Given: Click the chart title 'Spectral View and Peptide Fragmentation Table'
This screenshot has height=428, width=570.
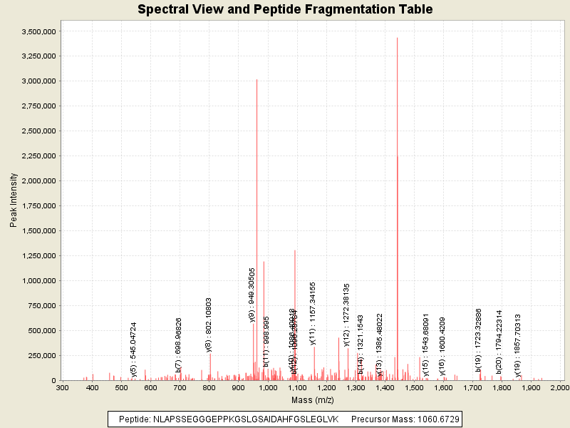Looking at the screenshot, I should click(x=285, y=9).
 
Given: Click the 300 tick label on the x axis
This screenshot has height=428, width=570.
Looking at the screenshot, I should click(x=63, y=387).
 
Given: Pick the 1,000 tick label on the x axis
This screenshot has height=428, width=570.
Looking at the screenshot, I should click(x=268, y=387).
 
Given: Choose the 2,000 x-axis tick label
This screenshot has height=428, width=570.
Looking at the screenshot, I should click(x=561, y=387).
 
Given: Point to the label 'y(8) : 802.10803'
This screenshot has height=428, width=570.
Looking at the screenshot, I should click(x=209, y=325).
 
